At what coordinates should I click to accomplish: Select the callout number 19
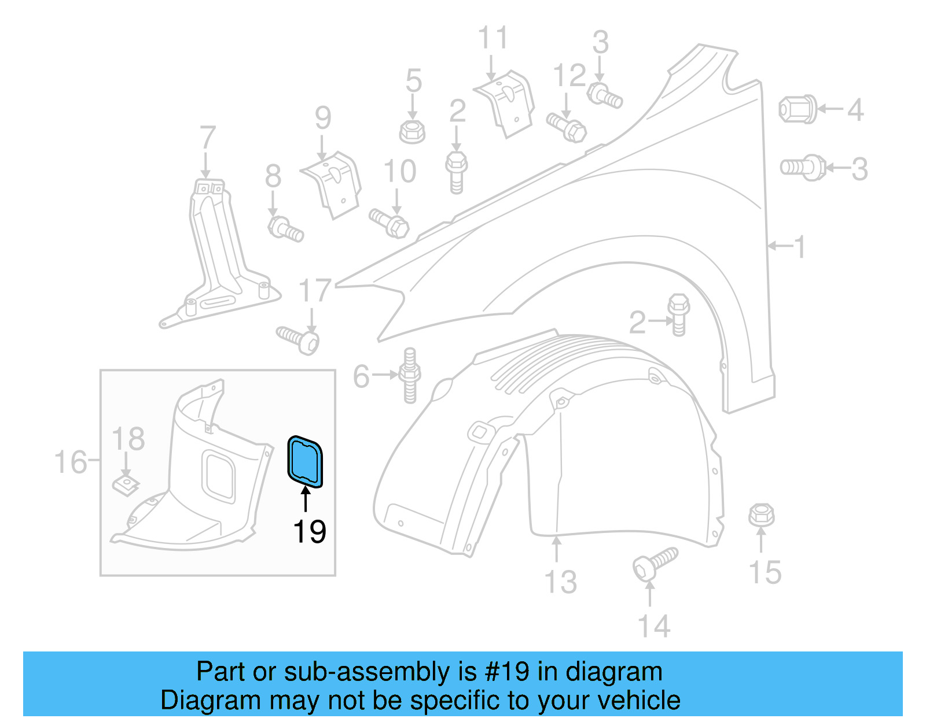[310, 532]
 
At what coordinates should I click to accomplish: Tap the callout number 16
[71, 462]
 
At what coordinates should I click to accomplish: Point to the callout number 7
[207, 139]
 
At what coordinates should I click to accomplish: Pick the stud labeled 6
[410, 375]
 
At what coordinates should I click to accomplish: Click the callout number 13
[560, 582]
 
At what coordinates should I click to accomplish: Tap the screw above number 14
[655, 562]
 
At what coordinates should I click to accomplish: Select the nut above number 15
[761, 514]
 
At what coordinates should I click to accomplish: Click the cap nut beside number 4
[798, 109]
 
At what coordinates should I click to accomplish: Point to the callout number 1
[800, 247]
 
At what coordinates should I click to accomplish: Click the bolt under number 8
[285, 228]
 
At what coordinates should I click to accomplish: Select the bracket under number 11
[505, 103]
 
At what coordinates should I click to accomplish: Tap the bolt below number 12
[567, 127]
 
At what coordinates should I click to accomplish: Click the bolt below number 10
[389, 223]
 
